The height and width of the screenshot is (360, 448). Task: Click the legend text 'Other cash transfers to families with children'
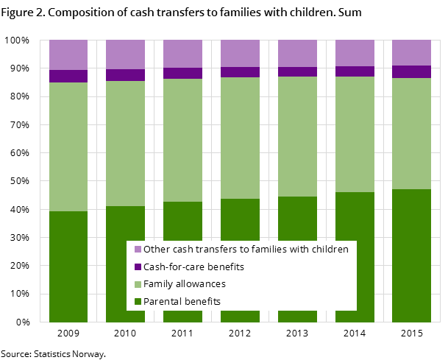coord(246,250)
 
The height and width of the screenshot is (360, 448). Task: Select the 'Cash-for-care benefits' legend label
coord(193,267)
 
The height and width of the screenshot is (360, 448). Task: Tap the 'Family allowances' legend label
coord(185,284)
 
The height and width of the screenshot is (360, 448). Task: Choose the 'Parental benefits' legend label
coord(182,301)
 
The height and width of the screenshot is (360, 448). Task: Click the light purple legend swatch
coord(138,250)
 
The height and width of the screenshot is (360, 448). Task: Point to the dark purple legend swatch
coord(138,267)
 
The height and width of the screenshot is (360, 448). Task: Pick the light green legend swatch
coord(138,284)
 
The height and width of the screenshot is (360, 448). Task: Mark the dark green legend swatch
coord(138,301)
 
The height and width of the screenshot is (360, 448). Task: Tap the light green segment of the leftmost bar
coord(68,147)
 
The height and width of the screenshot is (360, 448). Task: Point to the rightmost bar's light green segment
coord(411,133)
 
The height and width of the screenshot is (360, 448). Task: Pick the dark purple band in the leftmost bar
coord(68,76)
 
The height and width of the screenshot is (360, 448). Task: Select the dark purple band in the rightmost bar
coord(411,71)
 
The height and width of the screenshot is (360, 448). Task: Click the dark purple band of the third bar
coord(182,73)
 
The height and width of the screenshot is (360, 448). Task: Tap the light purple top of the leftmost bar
coord(68,54)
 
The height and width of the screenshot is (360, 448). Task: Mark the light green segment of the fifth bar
coord(297,136)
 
